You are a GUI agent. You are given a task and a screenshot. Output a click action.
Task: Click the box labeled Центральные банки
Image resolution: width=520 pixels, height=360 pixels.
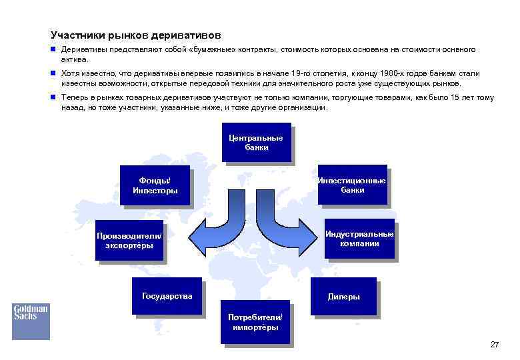pyautogui.click(x=257, y=143)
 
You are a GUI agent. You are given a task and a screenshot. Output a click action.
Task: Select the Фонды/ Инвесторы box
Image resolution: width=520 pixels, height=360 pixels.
pyautogui.click(x=155, y=185)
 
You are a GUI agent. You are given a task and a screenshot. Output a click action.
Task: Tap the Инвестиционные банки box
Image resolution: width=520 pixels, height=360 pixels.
pyautogui.click(x=352, y=185)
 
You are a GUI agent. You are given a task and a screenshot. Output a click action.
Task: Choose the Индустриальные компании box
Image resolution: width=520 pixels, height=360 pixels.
pyautogui.click(x=359, y=238)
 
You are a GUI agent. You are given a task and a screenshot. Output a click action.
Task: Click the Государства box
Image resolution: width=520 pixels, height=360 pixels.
pyautogui.click(x=167, y=296)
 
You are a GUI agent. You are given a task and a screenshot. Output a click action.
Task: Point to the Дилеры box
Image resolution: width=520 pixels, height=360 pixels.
pyautogui.click(x=343, y=297)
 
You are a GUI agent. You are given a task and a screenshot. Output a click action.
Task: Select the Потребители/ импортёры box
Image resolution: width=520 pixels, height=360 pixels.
pyautogui.click(x=255, y=321)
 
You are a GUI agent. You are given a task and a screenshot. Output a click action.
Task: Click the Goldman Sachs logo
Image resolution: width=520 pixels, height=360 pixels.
pyautogui.click(x=31, y=313)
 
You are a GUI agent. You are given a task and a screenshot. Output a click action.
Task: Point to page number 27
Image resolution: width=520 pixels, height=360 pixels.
pyautogui.click(x=494, y=345)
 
